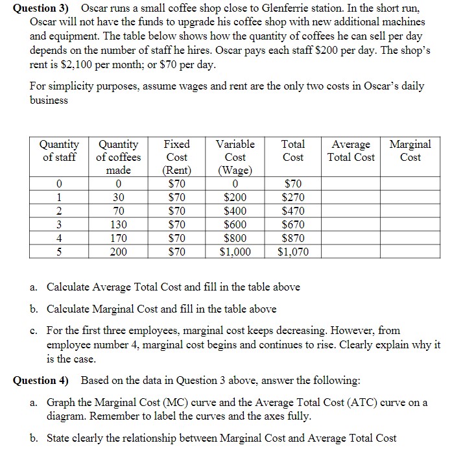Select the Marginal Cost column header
[x=410, y=150]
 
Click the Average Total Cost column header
[x=351, y=150]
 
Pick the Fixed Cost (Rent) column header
[x=177, y=157]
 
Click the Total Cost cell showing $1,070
[x=293, y=252]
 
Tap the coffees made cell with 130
[x=118, y=224]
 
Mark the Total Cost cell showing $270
[x=293, y=197]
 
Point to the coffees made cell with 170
[x=118, y=238]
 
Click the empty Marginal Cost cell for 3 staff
[x=410, y=224]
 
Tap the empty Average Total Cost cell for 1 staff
[x=351, y=197]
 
